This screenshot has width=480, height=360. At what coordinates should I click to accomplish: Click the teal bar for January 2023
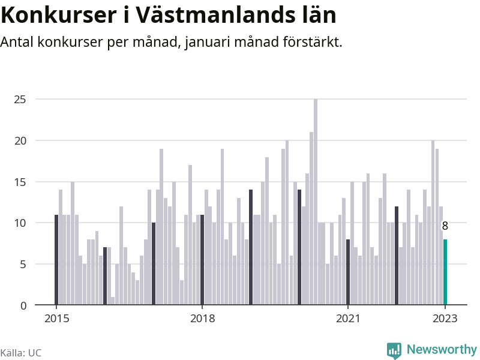(445, 272)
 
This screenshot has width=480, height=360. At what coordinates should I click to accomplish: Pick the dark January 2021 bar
(348, 272)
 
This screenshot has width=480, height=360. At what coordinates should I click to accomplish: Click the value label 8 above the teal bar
(445, 226)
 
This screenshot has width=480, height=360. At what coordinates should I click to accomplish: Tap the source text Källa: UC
(20, 353)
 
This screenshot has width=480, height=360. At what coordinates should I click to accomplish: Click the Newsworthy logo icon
(394, 350)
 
